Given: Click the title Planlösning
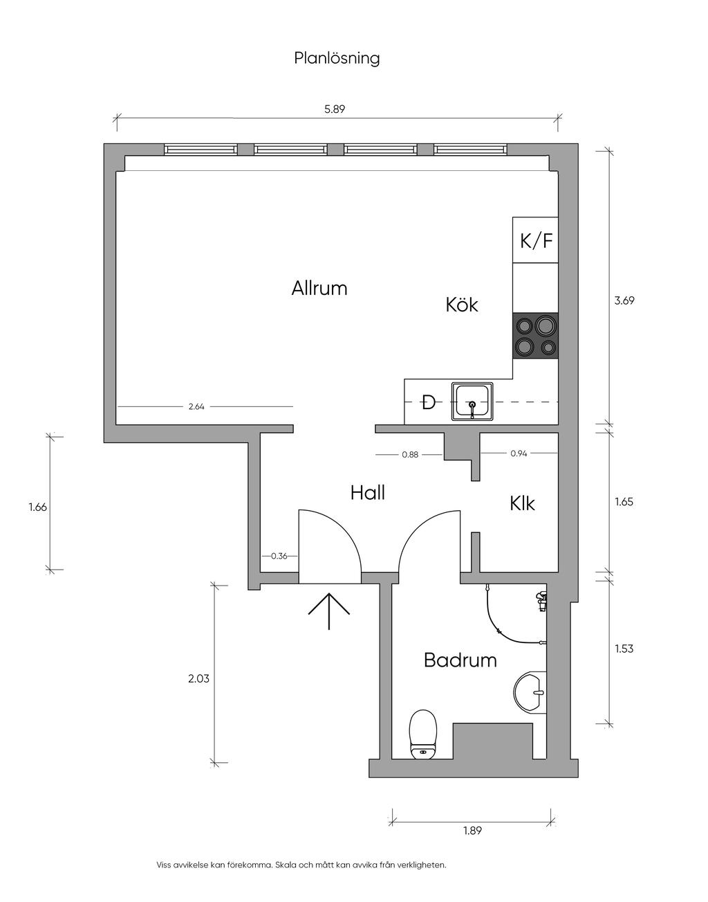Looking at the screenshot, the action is [x=337, y=58].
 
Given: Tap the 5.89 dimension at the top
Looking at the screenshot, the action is [x=334, y=109].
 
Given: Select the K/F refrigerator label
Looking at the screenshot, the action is [x=537, y=241].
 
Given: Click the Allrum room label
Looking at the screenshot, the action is [x=319, y=288].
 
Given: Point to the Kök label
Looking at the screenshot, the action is [x=462, y=305].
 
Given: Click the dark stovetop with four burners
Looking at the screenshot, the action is [x=535, y=336].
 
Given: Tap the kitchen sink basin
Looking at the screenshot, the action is [x=472, y=402].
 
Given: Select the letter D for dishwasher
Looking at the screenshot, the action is [x=429, y=402].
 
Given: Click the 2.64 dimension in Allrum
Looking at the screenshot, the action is [x=196, y=407].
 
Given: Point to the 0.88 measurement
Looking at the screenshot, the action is [x=410, y=455].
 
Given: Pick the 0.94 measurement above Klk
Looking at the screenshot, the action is [x=519, y=454].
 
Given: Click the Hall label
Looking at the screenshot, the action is [x=367, y=493].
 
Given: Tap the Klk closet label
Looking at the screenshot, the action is [x=522, y=504].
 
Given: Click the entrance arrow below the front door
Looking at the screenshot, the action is [x=328, y=611].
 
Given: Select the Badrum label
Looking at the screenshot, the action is [x=460, y=660].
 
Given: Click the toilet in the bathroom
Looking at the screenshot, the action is [x=423, y=734].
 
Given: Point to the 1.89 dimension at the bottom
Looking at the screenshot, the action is [x=472, y=831].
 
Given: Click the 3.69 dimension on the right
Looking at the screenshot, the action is [x=624, y=300].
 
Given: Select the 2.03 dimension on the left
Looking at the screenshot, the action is [x=198, y=679].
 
